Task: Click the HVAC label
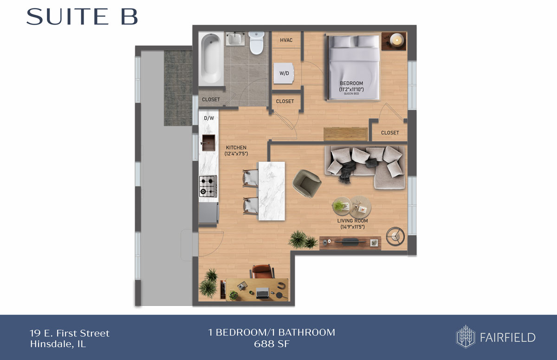286,40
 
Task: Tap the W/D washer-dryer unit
284,73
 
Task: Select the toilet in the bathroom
256,43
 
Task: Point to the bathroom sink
235,39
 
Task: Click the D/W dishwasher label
209,118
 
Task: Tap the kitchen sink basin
208,142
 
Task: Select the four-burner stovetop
208,186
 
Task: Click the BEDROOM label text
351,83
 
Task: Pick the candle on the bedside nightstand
396,40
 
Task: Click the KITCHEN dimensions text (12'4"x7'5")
236,154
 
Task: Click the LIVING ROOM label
352,221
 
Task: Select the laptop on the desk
263,293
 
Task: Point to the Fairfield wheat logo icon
466,336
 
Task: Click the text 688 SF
272,344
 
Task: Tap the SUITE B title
82,17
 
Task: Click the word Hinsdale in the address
52,344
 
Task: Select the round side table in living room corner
395,237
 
